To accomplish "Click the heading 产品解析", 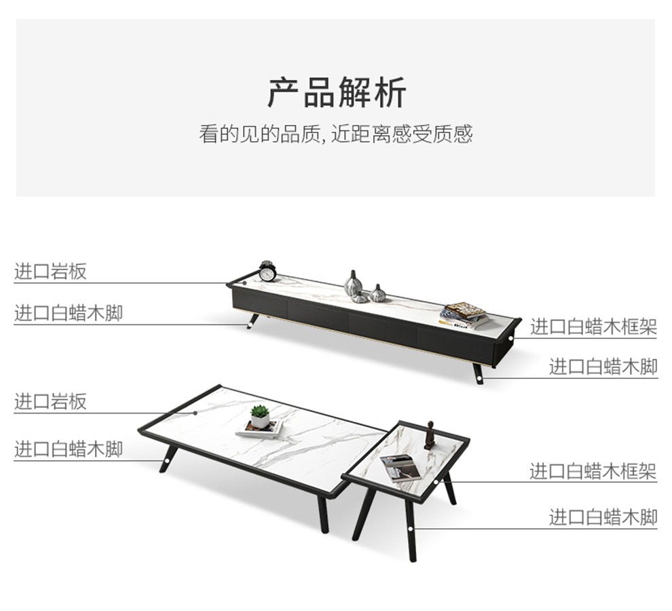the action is [337, 92].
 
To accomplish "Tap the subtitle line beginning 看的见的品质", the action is [335, 134].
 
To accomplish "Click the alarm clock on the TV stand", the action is [267, 272].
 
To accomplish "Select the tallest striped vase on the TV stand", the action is [353, 284].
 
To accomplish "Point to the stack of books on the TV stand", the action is [464, 316].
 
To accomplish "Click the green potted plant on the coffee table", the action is [260, 417].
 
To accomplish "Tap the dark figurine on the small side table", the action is [430, 435].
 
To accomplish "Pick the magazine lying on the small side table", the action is [400, 468].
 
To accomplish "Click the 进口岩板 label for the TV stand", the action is [51, 272].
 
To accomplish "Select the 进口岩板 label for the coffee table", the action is [51, 402].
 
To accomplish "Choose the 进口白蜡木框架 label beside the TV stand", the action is [593, 327].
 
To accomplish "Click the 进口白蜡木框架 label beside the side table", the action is [593, 471].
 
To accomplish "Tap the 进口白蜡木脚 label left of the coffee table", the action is [69, 449].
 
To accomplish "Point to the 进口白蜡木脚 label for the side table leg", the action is [603, 517].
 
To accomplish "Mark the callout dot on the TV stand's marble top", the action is [245, 283].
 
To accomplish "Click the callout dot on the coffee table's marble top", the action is [195, 413].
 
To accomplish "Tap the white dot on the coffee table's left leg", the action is [166, 462].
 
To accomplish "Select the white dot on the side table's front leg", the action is [411, 529].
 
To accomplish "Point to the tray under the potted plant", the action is [259, 429].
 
